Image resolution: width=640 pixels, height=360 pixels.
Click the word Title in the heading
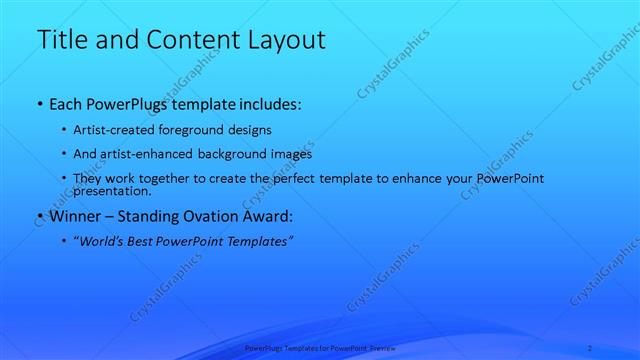[61, 40]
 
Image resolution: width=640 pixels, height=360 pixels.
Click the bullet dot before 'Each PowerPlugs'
[39, 104]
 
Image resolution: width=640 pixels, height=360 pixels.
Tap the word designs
[272, 130]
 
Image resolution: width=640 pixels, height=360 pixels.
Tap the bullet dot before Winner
[39, 215]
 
